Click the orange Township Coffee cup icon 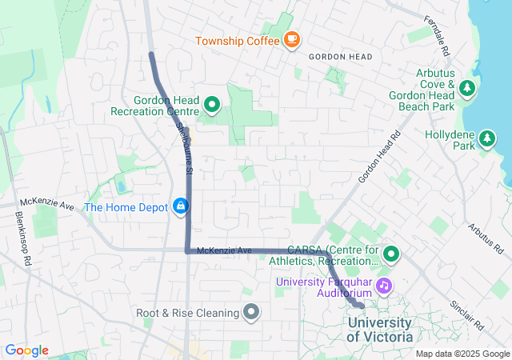pyautogui.click(x=291, y=39)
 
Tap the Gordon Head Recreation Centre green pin pyautogui.click(x=212, y=104)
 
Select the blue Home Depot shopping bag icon pyautogui.click(x=182, y=206)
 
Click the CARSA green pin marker pyautogui.click(x=391, y=255)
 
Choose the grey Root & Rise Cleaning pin pyautogui.click(x=252, y=312)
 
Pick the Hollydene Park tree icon pyautogui.click(x=486, y=140)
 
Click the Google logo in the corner pyautogui.click(x=26, y=350)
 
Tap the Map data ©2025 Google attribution pyautogui.click(x=462, y=354)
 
